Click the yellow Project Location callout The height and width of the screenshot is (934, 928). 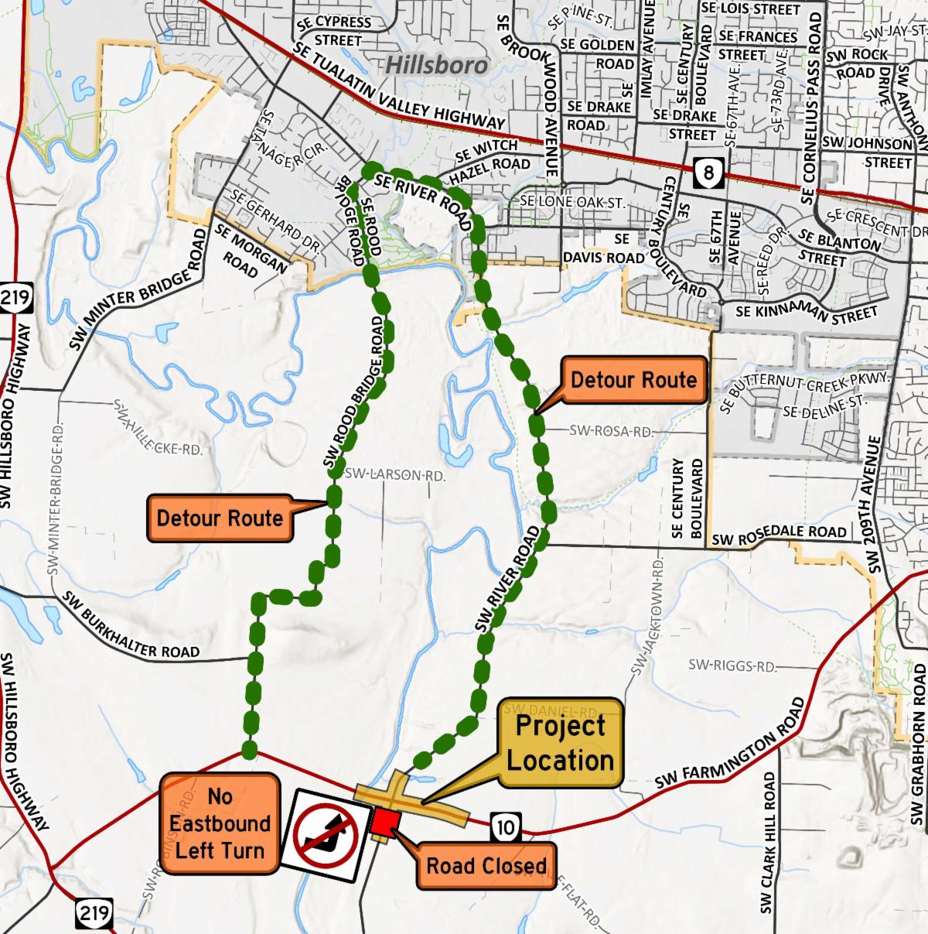tap(561, 743)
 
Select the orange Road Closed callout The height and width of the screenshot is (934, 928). tap(486, 864)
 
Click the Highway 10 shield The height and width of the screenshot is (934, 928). tap(505, 828)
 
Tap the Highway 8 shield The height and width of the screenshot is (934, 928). tap(708, 170)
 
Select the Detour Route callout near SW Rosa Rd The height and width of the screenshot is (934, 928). tap(633, 380)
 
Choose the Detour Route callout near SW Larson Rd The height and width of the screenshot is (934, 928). tap(220, 518)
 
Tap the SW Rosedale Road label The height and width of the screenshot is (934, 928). tap(779, 535)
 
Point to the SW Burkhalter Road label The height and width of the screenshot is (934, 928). tap(131, 626)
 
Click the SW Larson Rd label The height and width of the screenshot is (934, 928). tap(395, 474)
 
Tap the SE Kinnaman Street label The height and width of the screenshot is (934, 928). tap(807, 312)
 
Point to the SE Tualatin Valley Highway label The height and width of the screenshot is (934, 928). tap(399, 86)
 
